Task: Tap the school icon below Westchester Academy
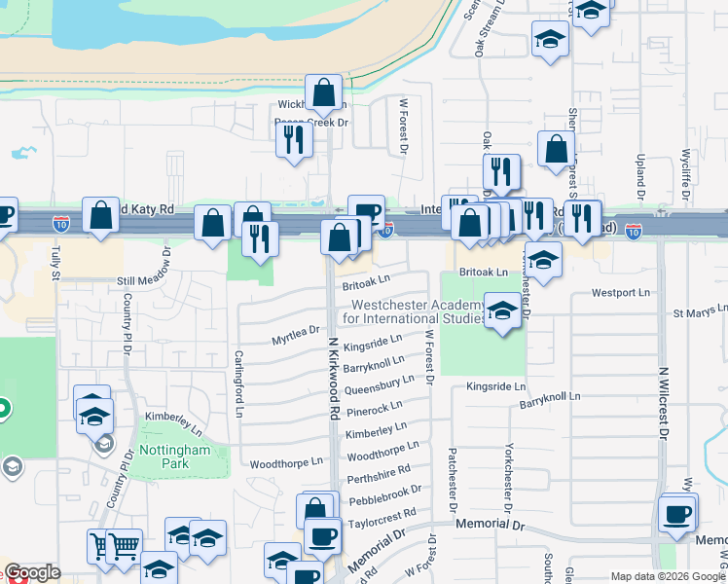[502, 311]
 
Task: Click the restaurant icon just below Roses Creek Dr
[293, 140]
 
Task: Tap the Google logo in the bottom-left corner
[32, 572]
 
